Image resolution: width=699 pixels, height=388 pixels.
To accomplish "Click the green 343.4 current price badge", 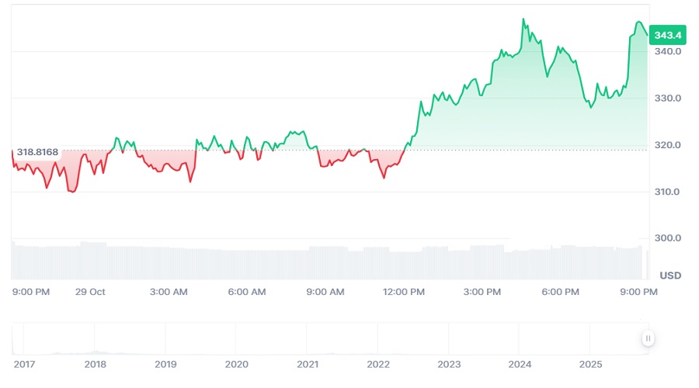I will pyautogui.click(x=668, y=35).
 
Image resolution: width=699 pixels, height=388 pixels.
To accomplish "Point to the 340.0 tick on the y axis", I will pyautogui.click(x=668, y=52).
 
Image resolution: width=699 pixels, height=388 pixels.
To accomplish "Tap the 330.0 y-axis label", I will pyautogui.click(x=668, y=99).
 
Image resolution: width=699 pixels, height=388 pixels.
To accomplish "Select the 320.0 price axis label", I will pyautogui.click(x=668, y=145).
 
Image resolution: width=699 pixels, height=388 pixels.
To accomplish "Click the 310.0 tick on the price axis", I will pyautogui.click(x=668, y=192).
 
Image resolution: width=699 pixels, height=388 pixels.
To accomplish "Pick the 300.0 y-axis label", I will pyautogui.click(x=668, y=238).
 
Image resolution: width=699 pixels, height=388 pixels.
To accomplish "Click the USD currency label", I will pyautogui.click(x=670, y=275).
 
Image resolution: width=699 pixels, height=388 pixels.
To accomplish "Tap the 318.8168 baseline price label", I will pyautogui.click(x=37, y=151).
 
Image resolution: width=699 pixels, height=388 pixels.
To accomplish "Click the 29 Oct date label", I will pyautogui.click(x=90, y=292).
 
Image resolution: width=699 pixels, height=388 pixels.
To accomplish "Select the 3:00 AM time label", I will pyautogui.click(x=169, y=292).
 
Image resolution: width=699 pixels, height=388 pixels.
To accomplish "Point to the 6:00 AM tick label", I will pyautogui.click(x=247, y=292).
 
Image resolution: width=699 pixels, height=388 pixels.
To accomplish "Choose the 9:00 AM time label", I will pyautogui.click(x=325, y=292).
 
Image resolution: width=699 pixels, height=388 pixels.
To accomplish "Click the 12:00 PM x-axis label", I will pyautogui.click(x=405, y=292).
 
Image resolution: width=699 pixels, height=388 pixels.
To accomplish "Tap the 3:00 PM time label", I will pyautogui.click(x=482, y=292).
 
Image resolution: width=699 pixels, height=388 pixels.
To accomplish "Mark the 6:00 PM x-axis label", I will pyautogui.click(x=561, y=292).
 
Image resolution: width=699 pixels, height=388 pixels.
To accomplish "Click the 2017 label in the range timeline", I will pyautogui.click(x=24, y=364).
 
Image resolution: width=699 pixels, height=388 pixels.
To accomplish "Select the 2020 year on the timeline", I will pyautogui.click(x=236, y=364).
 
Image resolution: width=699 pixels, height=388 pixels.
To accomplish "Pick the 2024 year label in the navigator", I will pyautogui.click(x=520, y=364).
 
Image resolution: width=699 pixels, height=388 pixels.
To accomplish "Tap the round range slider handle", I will pyautogui.click(x=648, y=338).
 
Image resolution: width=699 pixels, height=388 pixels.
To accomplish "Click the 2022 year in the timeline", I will pyautogui.click(x=378, y=364).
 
